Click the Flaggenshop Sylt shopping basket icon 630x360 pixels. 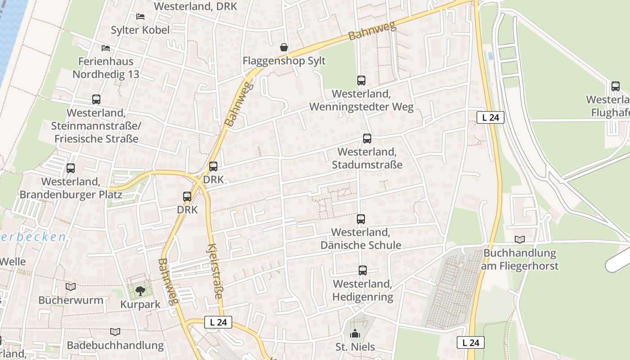tap(284, 47)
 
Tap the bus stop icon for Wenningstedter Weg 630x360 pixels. tap(361, 81)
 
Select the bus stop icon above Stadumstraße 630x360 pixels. tap(367, 139)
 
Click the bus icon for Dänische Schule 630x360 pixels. tap(360, 219)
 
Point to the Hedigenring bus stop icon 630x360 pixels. tap(362, 270)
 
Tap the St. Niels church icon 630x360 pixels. tap(355, 334)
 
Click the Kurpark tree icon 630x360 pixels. tap(140, 291)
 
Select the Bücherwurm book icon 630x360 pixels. tap(71, 287)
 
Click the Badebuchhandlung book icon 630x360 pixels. tap(115, 332)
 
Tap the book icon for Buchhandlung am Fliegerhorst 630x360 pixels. tap(520, 239)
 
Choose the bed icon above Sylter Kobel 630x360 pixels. tap(140, 17)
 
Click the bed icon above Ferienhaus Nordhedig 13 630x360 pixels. tap(106, 48)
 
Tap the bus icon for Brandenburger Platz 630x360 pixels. tap(71, 168)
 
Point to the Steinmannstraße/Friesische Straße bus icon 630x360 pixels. tap(96, 99)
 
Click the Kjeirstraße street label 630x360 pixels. tap(215, 271)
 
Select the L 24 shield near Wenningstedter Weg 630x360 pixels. tap(490, 117)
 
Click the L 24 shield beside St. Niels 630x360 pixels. tap(470, 342)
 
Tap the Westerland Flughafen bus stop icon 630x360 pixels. tap(615, 86)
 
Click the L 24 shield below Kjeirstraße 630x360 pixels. tap(218, 322)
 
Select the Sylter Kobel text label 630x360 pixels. tap(140, 30)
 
